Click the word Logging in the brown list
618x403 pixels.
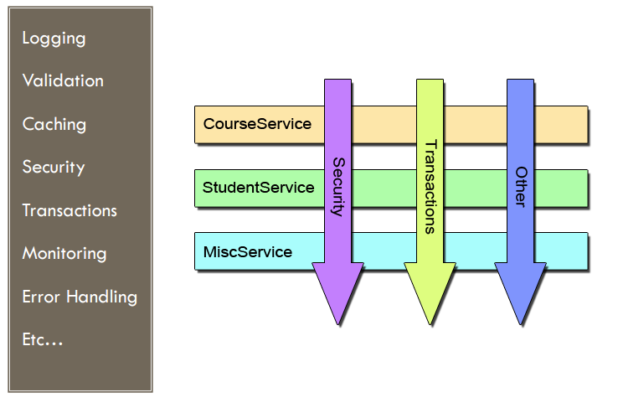click(54, 39)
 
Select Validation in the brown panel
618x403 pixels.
click(63, 81)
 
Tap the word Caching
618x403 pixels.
click(54, 125)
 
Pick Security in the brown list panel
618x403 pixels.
click(54, 167)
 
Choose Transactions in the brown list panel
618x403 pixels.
click(70, 210)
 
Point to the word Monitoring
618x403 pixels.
click(65, 253)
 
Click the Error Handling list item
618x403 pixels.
click(80, 297)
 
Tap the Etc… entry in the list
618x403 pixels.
click(43, 339)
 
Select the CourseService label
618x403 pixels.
click(257, 124)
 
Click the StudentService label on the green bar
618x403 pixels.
click(259, 188)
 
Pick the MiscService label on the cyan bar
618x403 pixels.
click(248, 251)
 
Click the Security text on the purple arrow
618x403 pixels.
click(338, 186)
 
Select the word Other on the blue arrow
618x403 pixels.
click(521, 186)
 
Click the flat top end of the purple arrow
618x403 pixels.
click(338, 82)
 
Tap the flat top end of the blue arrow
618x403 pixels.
click(521, 82)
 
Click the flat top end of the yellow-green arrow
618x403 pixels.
click(430, 82)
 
